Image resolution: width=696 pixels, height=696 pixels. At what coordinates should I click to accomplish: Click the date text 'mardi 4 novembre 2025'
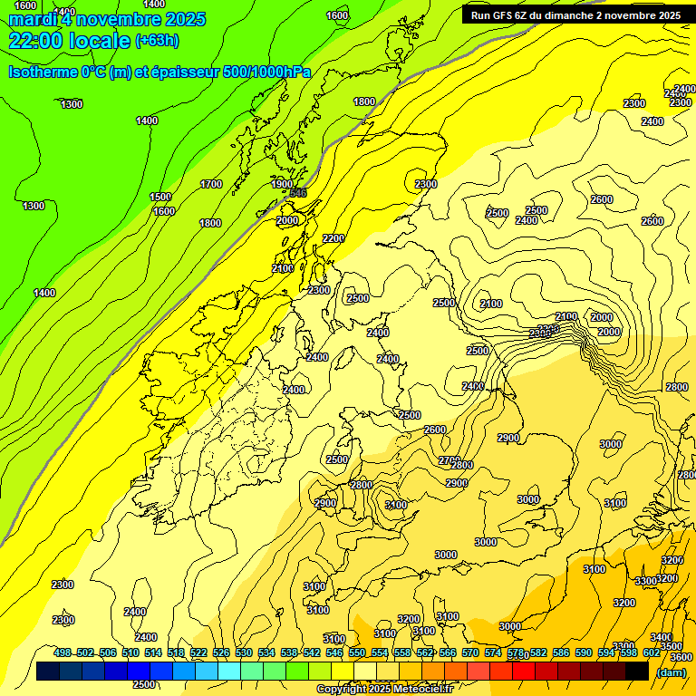[x=107, y=19]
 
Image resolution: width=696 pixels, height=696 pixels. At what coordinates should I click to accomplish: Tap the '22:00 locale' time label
[x=69, y=40]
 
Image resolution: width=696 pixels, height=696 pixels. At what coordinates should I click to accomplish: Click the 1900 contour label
[x=283, y=184]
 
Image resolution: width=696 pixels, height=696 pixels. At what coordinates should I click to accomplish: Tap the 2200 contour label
[x=333, y=238]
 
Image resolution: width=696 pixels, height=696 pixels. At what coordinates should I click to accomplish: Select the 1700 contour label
[x=211, y=184]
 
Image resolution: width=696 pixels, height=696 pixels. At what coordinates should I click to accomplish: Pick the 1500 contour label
[x=160, y=197]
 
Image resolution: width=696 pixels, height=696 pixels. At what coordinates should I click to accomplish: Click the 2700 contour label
[x=448, y=460]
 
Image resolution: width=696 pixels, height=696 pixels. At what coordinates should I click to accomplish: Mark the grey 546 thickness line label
[x=298, y=193]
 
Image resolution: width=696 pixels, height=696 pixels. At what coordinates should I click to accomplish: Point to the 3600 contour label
[x=681, y=657]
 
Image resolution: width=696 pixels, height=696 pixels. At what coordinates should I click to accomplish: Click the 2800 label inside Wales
[x=361, y=485]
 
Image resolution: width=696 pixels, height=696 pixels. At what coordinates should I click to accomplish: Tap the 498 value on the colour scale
[x=63, y=652]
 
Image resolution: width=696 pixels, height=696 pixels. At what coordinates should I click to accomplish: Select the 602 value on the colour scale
[x=652, y=652]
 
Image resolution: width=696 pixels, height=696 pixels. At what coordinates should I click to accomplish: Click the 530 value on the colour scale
[x=244, y=652]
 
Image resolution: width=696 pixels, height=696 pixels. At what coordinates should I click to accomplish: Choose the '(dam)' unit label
[x=671, y=672]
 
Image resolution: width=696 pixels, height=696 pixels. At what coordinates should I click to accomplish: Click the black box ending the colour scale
[x=637, y=671]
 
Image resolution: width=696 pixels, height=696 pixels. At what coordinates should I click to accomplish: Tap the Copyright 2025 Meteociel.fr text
[x=384, y=690]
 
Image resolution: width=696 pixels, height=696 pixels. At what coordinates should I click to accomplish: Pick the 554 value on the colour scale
[x=380, y=652]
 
